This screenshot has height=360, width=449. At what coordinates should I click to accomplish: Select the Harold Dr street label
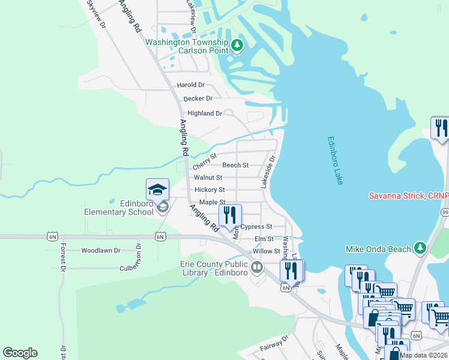[x=190, y=85]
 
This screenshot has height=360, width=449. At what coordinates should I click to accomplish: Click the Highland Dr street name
[x=205, y=113]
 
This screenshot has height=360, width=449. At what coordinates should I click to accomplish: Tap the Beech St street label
[x=235, y=165]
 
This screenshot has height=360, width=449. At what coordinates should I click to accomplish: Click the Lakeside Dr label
[x=268, y=172]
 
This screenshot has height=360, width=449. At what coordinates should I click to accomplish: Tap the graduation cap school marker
[x=158, y=190]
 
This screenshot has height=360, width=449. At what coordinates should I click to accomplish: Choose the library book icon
[x=257, y=266]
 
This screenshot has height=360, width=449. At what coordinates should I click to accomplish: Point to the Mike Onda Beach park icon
[x=420, y=248]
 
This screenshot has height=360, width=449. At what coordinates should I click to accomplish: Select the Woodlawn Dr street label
[x=101, y=250]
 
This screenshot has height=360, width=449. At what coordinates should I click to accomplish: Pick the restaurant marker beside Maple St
[x=230, y=215]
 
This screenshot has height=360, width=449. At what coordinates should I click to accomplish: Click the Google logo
[x=20, y=353]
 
